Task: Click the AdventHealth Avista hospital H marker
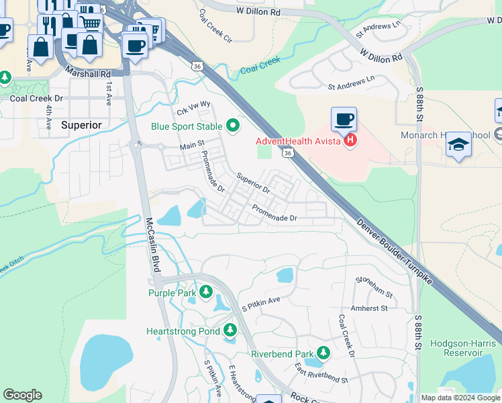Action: (x=350, y=141)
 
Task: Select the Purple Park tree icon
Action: (x=206, y=292)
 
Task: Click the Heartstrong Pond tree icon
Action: (x=230, y=330)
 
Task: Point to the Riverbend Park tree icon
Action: (x=324, y=353)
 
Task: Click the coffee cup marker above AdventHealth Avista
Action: (x=344, y=120)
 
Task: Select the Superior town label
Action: (x=81, y=125)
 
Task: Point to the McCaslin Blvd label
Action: (x=153, y=244)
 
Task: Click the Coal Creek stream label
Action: (x=260, y=64)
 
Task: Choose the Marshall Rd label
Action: (x=87, y=73)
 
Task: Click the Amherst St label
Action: (x=372, y=308)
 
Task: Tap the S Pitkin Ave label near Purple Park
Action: (x=260, y=302)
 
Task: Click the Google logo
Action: (x=22, y=395)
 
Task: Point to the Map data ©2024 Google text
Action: (x=460, y=398)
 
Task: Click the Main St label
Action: (x=191, y=146)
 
